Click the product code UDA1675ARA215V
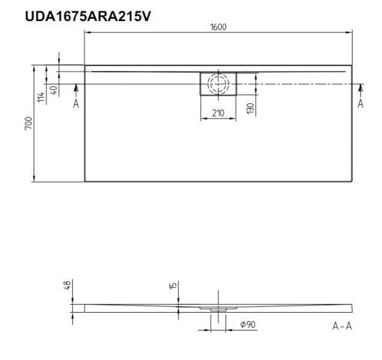[88, 17]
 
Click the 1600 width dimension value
[218, 27]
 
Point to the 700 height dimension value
[28, 124]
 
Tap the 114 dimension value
[41, 97]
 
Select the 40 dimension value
[54, 90]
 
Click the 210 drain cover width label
[218, 113]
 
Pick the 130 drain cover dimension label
[250, 109]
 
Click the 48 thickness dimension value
[67, 285]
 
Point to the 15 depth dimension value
[173, 286]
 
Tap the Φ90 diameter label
[248, 325]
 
